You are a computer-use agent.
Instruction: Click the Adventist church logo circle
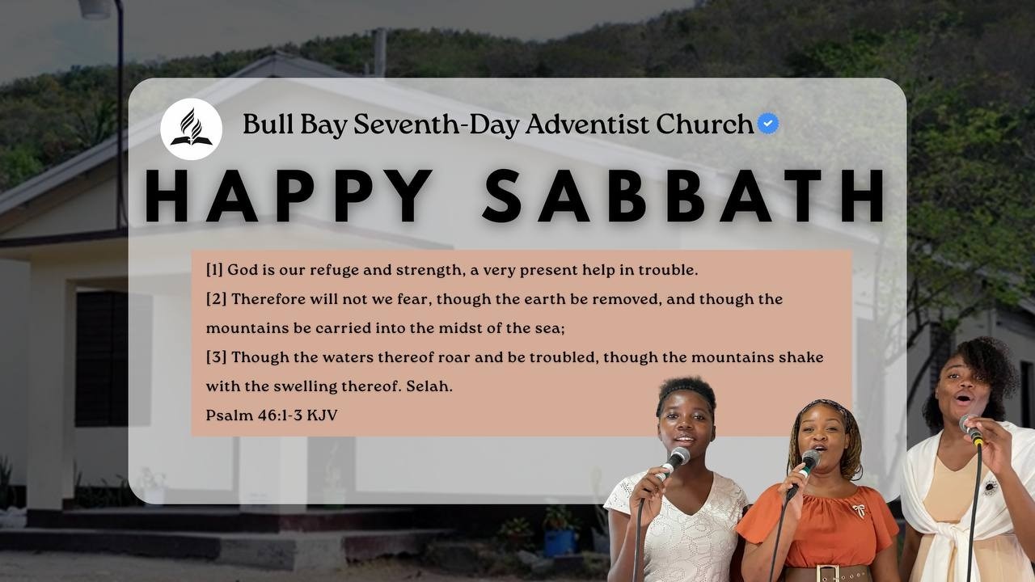[x=192, y=129]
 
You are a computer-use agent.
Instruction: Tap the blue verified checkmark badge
[x=768, y=124]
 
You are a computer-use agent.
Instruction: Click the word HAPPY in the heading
[x=289, y=196]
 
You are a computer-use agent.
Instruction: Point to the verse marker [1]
[x=214, y=270]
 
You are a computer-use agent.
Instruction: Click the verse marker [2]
[x=216, y=299]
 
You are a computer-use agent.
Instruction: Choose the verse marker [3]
[x=216, y=357]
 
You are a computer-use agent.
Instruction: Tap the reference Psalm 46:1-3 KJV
[x=272, y=415]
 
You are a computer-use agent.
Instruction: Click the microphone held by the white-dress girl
[x=674, y=460]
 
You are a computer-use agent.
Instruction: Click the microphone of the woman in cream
[x=970, y=428]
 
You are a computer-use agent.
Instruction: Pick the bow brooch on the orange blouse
[x=858, y=510]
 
